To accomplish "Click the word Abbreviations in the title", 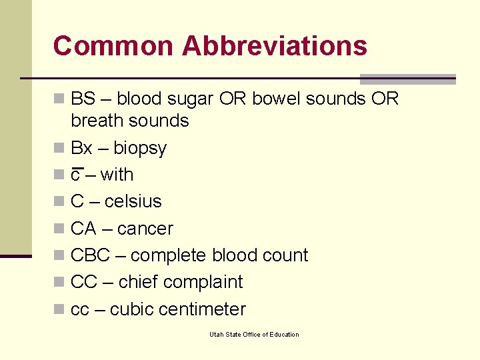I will pos(274,46).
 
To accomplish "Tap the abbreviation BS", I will pos(83,99).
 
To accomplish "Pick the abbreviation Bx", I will pos(82,147).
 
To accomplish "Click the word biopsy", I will pos(140,148).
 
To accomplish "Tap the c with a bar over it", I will pos(76,175).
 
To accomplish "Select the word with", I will pos(117,175).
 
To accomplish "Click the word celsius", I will pos(133,201).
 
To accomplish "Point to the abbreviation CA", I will pos(83,229).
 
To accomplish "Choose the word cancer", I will pos(145,229).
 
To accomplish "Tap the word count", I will pos(286,255).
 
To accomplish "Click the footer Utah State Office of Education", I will pos(254,334).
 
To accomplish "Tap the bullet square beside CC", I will pos(59,282).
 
